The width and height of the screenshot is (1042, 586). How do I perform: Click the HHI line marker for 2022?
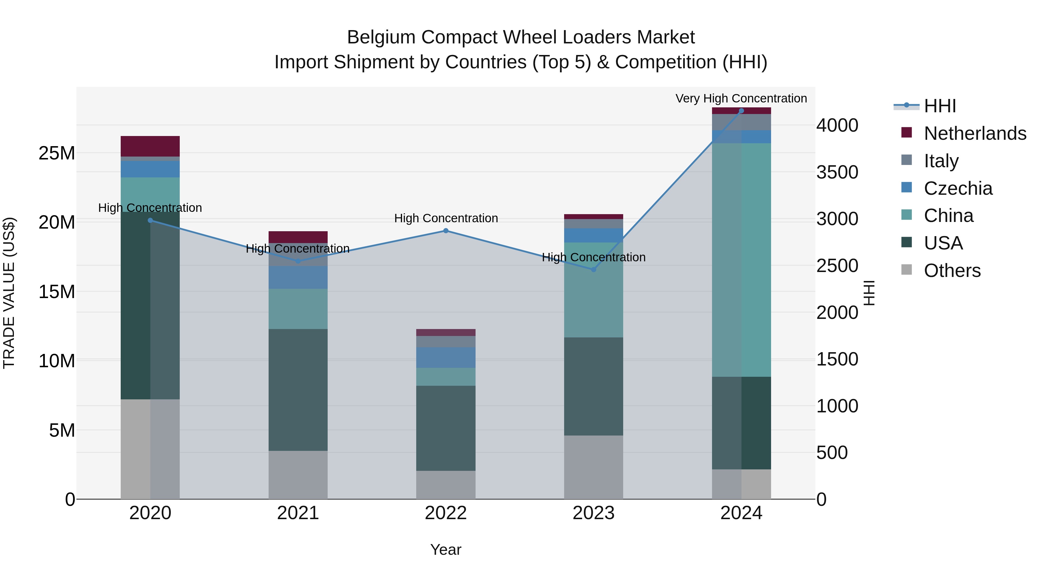point(446,231)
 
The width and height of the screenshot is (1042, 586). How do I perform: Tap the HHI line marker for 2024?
point(742,111)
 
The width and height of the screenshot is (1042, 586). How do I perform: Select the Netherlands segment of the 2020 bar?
point(150,146)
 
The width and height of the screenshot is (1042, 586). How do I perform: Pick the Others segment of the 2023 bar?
point(593,467)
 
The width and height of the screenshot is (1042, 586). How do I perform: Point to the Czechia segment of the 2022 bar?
point(446,357)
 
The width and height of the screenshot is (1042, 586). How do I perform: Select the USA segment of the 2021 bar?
point(298,390)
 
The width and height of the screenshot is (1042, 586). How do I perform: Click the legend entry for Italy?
point(941,161)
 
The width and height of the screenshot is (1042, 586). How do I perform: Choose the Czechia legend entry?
point(958,188)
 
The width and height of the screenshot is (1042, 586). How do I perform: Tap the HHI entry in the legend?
point(940,106)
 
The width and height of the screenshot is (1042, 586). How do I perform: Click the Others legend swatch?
point(907,270)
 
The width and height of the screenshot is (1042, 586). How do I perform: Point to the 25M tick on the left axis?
point(57,153)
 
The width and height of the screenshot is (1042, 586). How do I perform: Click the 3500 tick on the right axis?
point(837,172)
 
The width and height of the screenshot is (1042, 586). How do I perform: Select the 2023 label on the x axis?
point(593,513)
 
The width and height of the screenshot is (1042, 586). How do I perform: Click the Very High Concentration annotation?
point(741,98)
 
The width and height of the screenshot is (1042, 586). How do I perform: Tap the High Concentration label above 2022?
point(446,218)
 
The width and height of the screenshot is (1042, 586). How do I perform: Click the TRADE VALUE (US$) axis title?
point(9,293)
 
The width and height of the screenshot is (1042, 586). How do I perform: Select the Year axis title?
point(446,550)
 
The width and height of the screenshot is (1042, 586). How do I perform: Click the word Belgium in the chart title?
point(381,37)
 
